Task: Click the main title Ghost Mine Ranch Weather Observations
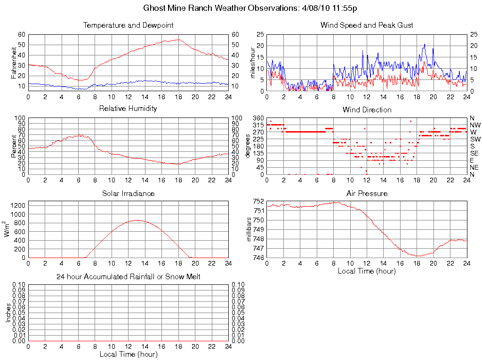click(253, 8)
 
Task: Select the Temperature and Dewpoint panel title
click(128, 25)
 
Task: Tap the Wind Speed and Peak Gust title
click(367, 25)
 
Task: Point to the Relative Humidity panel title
click(128, 109)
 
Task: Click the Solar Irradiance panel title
click(128, 193)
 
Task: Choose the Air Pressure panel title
click(367, 193)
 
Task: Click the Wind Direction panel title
click(367, 110)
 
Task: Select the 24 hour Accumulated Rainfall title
click(128, 277)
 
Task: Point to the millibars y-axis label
click(250, 229)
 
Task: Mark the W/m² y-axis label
click(8, 229)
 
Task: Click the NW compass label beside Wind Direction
click(475, 125)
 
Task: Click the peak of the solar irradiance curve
click(137, 220)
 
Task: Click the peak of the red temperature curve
click(178, 39)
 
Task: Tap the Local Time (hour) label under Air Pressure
click(367, 271)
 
